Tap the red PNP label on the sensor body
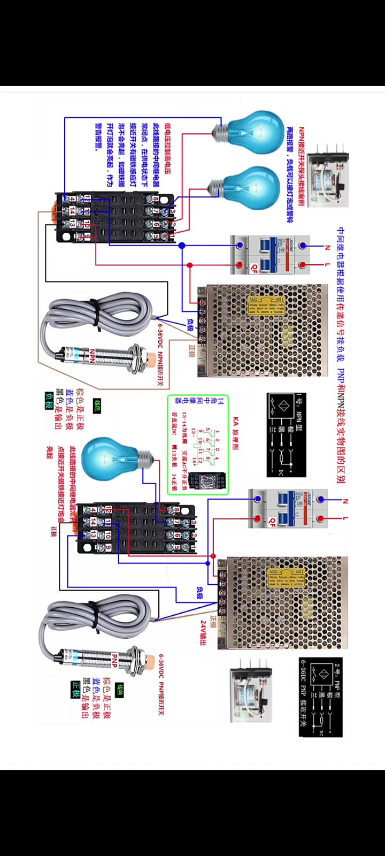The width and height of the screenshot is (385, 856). click(x=114, y=660)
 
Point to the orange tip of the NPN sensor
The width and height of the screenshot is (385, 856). click(x=150, y=357)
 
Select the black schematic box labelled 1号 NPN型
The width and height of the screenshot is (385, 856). click(x=286, y=434)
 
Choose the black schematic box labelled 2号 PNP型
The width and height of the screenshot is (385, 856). click(x=320, y=697)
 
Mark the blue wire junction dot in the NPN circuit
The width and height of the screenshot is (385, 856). click(x=182, y=246)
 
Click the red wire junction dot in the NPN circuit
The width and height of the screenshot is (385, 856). click(x=190, y=265)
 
